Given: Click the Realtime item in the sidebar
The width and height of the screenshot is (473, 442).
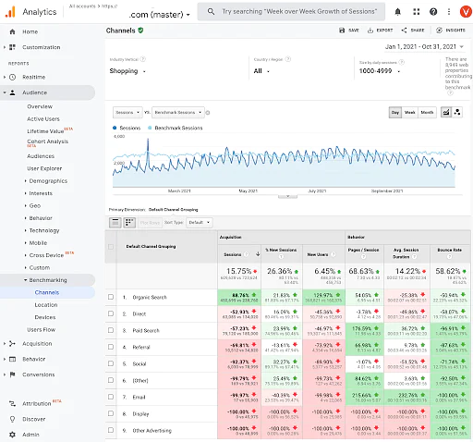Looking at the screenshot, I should tap(34, 78).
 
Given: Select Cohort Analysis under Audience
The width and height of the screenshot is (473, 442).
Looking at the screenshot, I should tap(47, 141).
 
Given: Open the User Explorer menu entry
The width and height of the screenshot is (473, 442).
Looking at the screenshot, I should tap(45, 168).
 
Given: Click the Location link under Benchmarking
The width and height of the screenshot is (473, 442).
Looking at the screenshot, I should tap(45, 304).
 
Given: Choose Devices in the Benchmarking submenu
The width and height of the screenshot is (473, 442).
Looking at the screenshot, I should tap(43, 317).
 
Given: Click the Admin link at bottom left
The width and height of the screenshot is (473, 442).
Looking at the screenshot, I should tap(30, 433).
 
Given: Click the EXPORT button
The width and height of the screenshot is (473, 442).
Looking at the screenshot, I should tap(382, 31).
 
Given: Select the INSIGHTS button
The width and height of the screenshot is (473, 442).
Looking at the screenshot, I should tap(452, 31).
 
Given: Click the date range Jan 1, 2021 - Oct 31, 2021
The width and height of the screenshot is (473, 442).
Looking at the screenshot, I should tap(420, 46).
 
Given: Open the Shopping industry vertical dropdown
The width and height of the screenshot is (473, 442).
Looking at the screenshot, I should tap(139, 70).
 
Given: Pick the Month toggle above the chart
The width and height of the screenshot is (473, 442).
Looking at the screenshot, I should tap(427, 112).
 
